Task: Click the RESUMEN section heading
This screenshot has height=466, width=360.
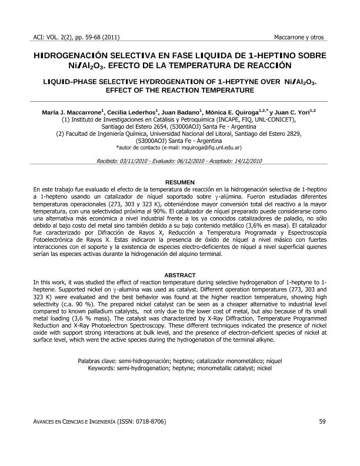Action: [179, 182]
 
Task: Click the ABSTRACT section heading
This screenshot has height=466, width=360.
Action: [179, 275]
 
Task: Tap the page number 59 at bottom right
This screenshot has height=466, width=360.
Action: [322, 421]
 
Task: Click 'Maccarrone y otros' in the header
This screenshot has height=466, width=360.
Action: [299, 38]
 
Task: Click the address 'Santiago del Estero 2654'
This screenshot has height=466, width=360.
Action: [136, 126]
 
